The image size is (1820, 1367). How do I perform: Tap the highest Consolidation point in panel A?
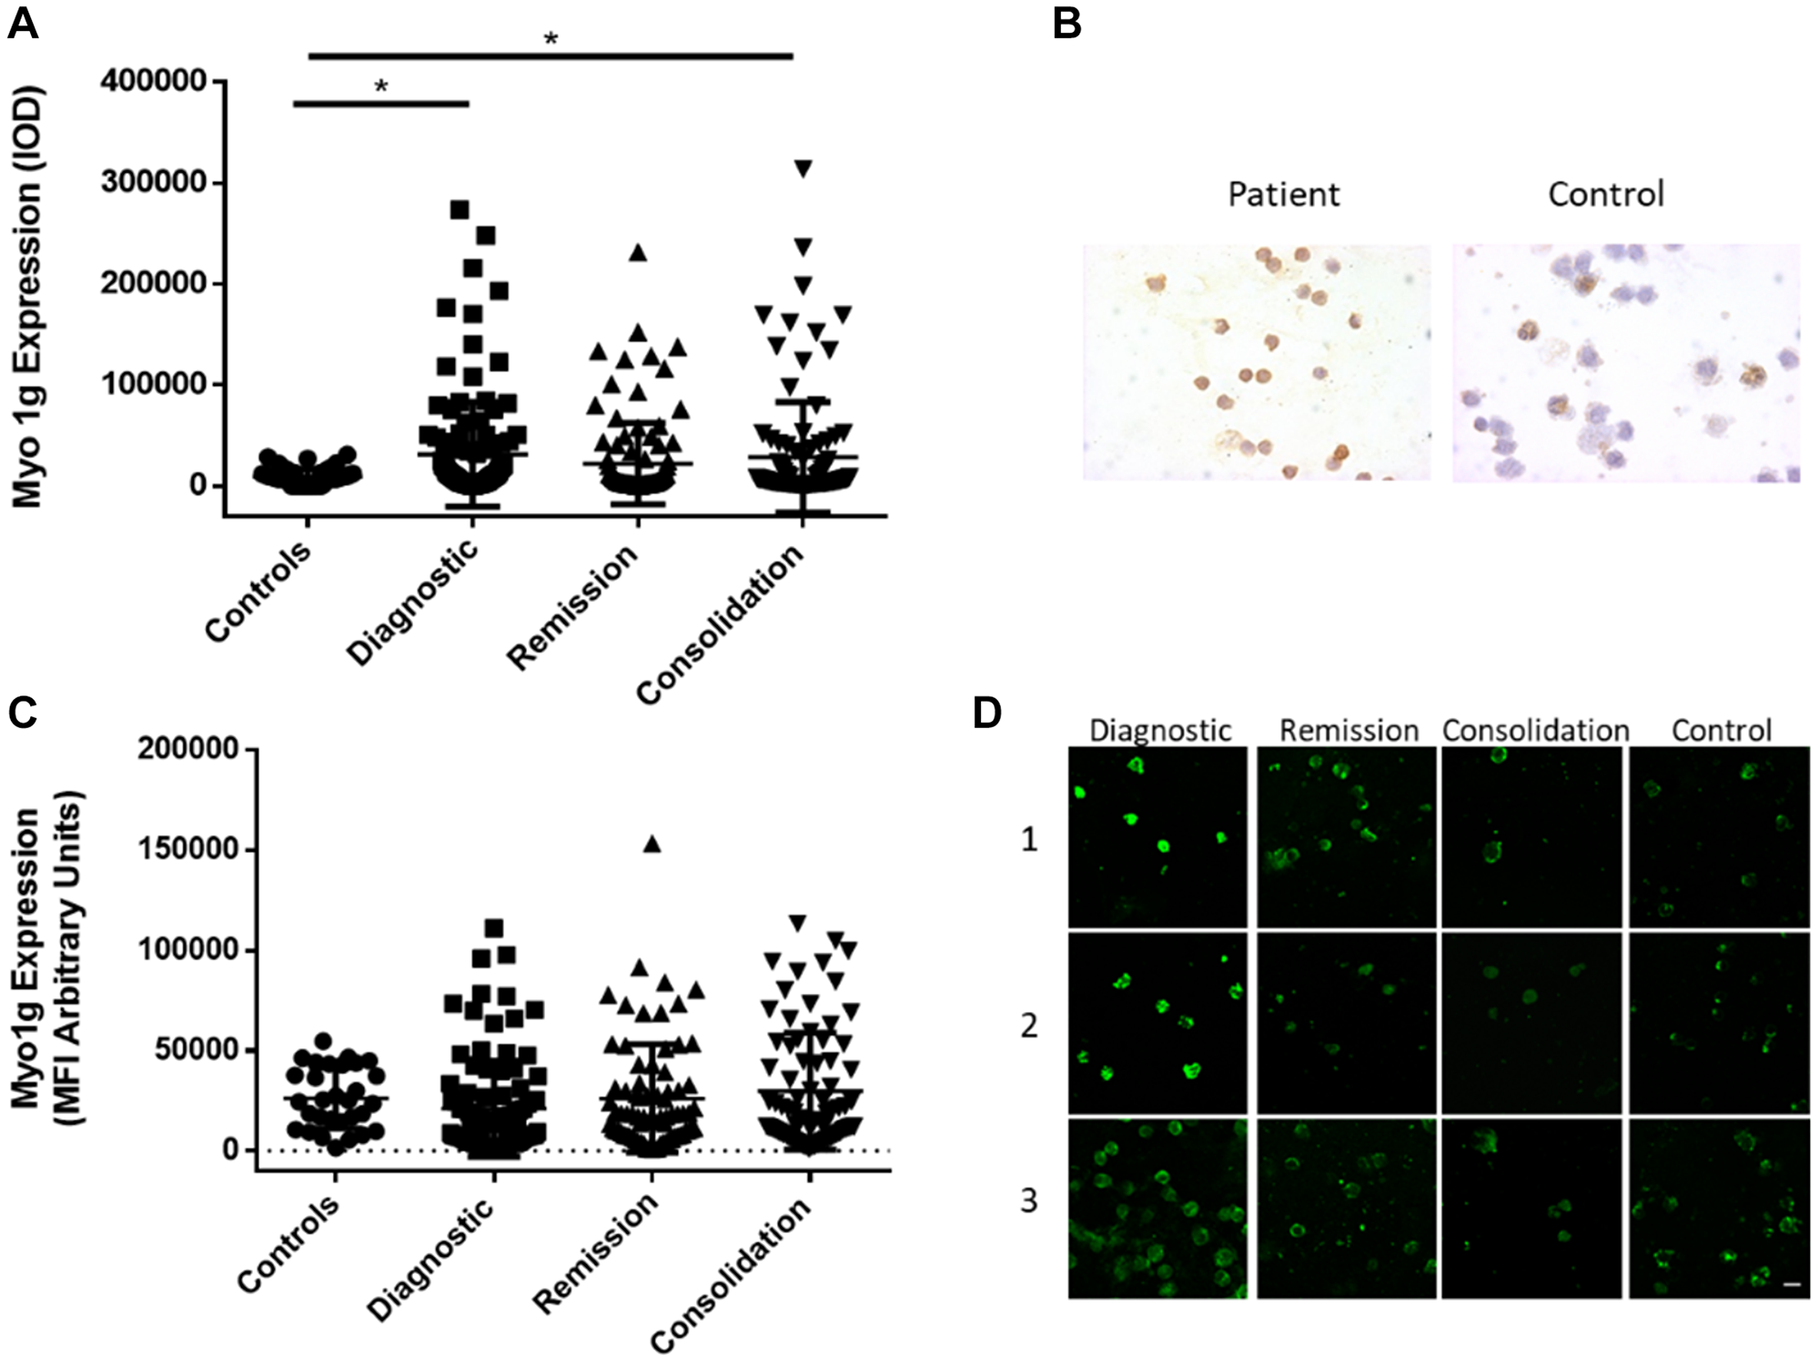coord(803,168)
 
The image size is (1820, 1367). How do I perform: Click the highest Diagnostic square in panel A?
coord(460,209)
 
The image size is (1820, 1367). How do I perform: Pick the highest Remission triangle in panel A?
coord(638,253)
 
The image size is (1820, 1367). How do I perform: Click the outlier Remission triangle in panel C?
coord(652,844)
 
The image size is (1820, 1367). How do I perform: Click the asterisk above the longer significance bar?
coord(551,39)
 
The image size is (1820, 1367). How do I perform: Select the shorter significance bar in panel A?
coord(380,104)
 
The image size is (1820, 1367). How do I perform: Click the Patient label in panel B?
coord(1283,194)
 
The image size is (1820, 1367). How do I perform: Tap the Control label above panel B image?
coord(1606,194)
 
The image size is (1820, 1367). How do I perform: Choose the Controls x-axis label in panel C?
coord(289,1245)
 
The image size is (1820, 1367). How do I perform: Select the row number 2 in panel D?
coord(1029,1026)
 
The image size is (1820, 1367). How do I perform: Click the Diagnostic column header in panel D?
coord(1160,731)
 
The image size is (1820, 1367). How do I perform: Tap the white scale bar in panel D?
coord(1792,1284)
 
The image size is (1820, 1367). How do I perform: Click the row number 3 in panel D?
coord(1029,1201)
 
